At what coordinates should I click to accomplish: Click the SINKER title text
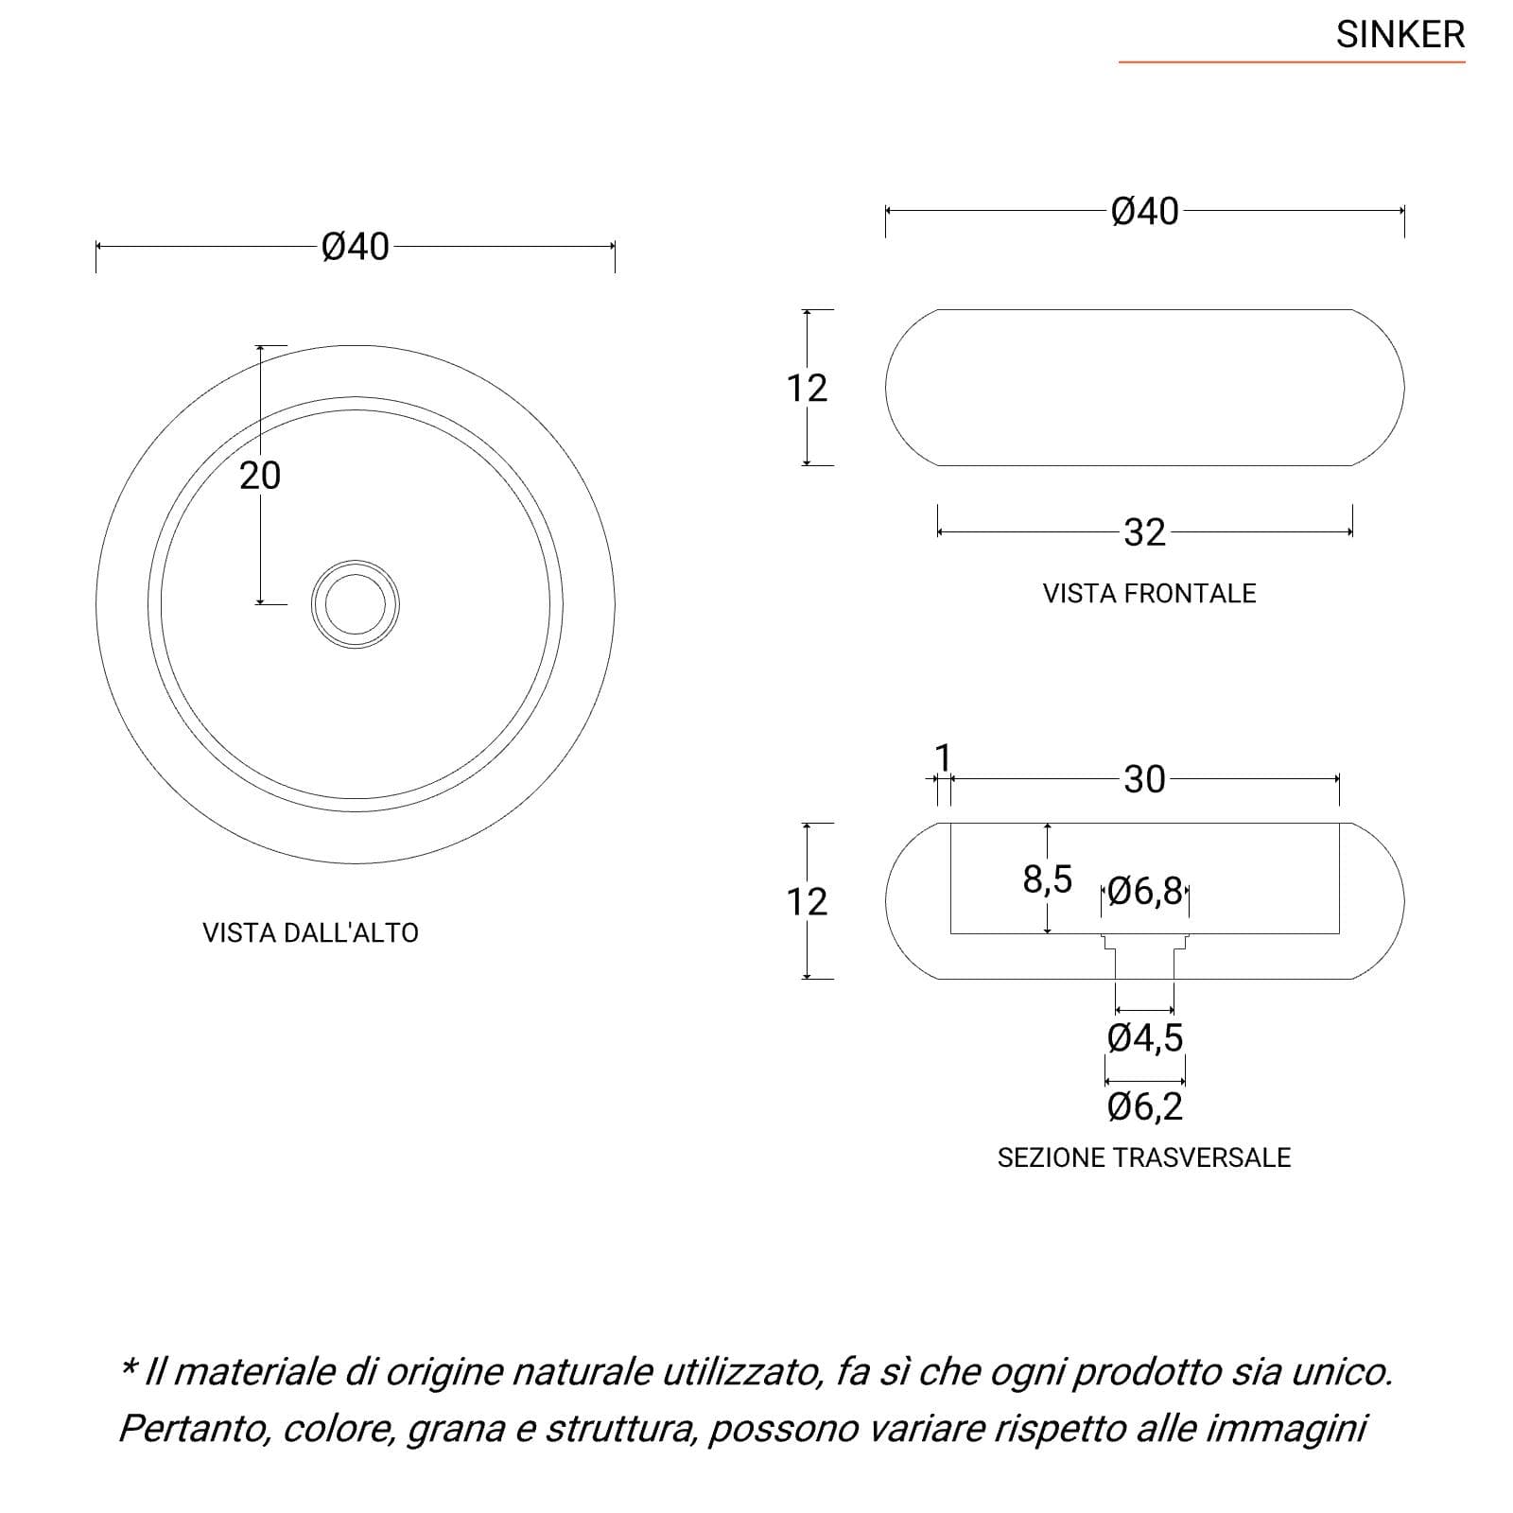pyautogui.click(x=1400, y=35)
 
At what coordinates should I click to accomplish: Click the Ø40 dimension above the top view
pyautogui.click(x=356, y=247)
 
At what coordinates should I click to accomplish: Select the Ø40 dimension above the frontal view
pyautogui.click(x=1145, y=212)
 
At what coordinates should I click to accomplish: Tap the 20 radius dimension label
pyautogui.click(x=260, y=475)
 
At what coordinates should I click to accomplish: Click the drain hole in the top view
pyautogui.click(x=356, y=604)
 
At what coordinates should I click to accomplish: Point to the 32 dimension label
pyautogui.click(x=1144, y=533)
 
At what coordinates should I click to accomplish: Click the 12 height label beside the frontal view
pyautogui.click(x=807, y=388)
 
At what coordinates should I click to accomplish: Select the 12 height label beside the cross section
pyautogui.click(x=807, y=901)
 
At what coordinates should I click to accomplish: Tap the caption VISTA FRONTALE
pyautogui.click(x=1149, y=593)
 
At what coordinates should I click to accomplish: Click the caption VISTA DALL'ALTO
pyautogui.click(x=310, y=932)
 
